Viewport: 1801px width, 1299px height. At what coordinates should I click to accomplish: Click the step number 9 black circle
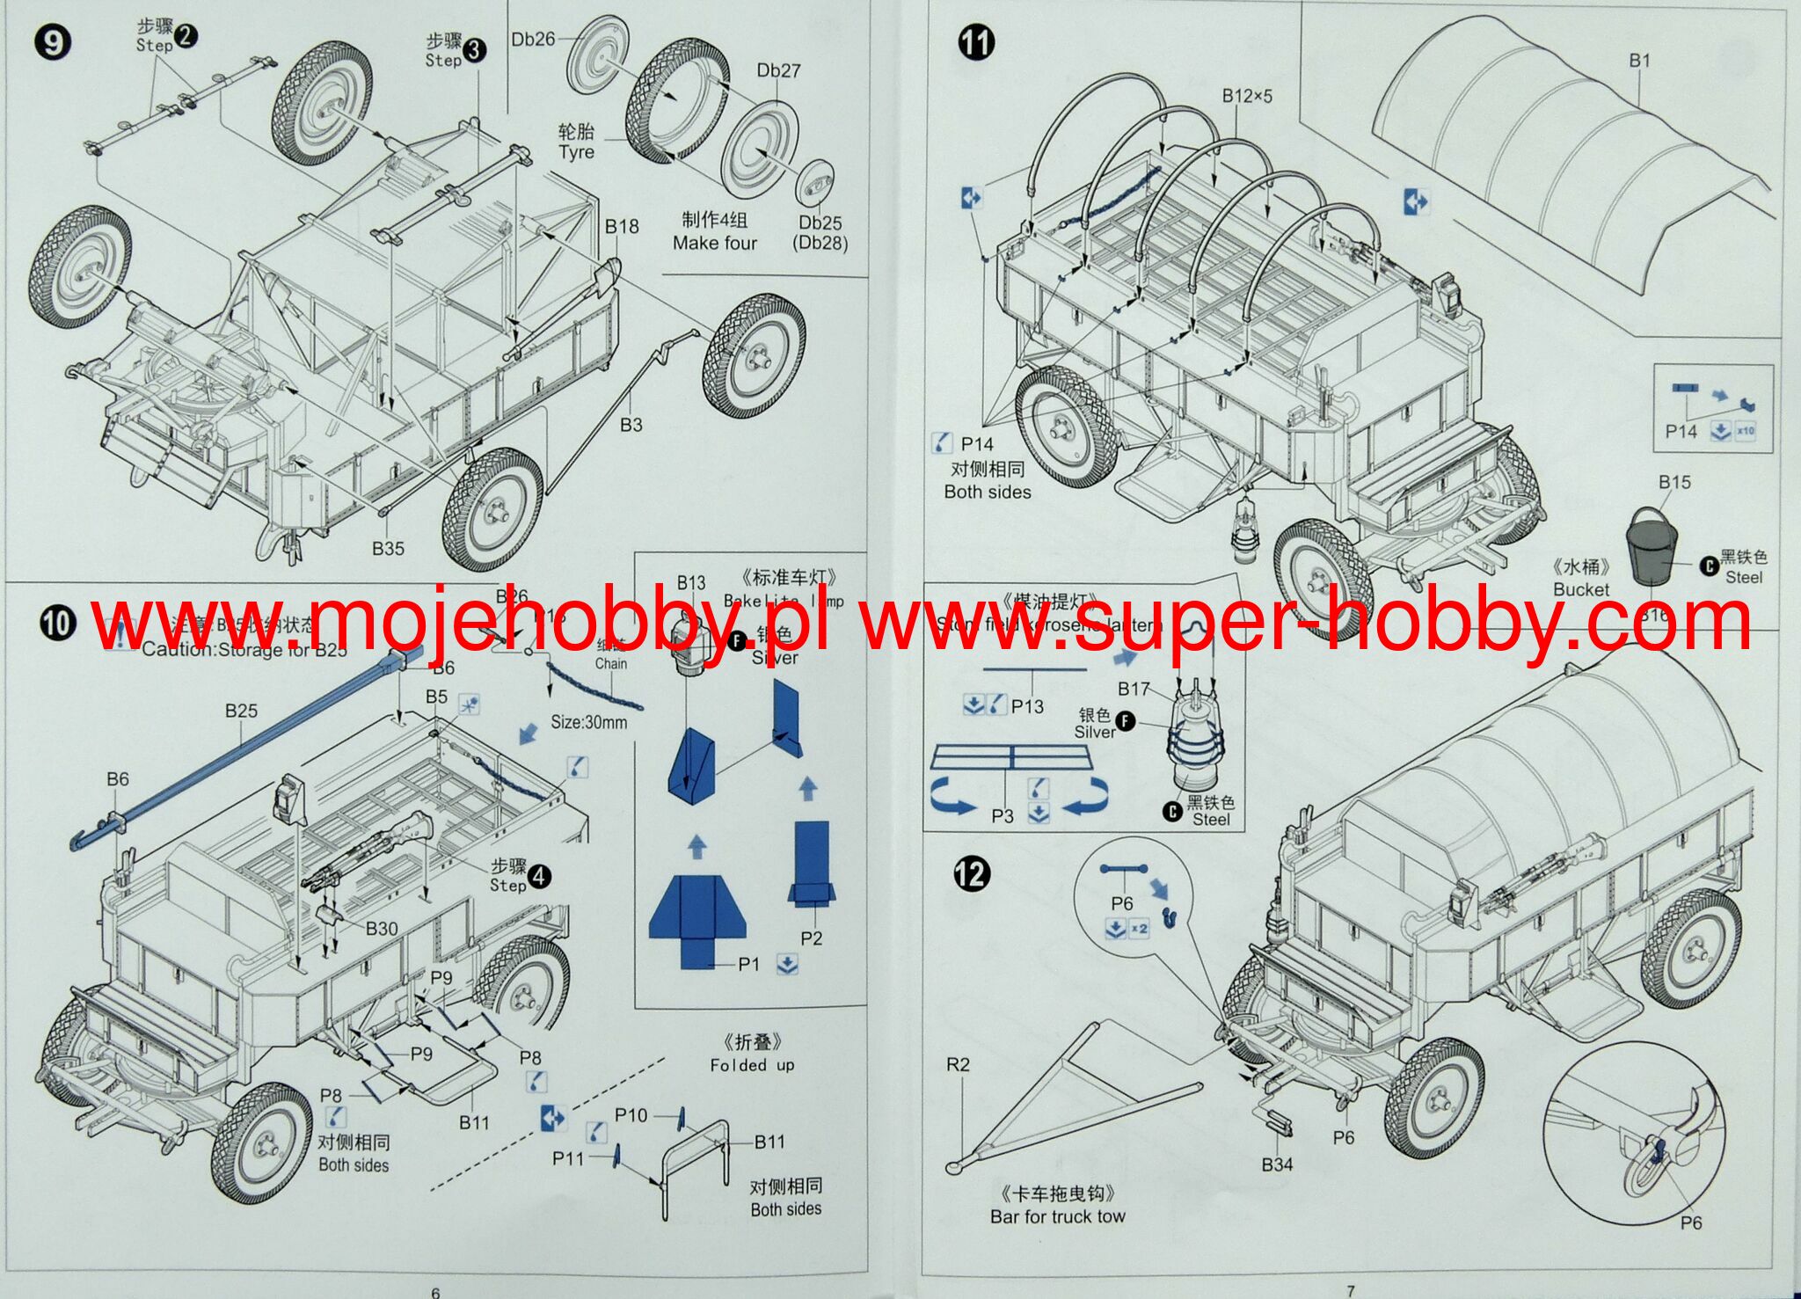coord(53,41)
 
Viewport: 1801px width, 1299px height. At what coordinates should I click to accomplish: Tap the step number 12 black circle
coord(972,873)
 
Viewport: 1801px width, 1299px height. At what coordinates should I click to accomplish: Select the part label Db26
coord(533,40)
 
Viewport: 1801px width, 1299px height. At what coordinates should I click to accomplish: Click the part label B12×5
coord(1246,96)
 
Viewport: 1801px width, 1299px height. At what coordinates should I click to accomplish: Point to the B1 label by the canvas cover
coord(1639,61)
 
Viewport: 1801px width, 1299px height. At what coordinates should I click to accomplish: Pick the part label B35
coord(388,548)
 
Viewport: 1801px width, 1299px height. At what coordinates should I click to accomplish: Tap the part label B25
coord(241,711)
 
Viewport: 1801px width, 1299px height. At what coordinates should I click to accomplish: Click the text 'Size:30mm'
coord(588,722)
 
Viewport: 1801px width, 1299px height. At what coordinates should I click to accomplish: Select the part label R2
coord(958,1064)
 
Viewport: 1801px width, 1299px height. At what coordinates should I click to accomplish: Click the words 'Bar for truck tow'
coord(1057,1216)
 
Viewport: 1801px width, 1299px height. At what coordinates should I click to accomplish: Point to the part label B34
coord(1277,1164)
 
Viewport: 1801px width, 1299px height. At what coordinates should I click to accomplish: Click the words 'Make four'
coord(714,243)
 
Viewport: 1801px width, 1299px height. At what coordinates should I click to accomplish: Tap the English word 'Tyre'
coord(576,152)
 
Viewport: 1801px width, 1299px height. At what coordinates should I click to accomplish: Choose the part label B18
coord(622,226)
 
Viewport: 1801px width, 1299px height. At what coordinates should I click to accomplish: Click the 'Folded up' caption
coord(752,1065)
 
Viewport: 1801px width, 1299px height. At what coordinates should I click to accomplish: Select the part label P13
coord(1027,705)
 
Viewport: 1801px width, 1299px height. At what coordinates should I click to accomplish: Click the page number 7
coord(1351,1290)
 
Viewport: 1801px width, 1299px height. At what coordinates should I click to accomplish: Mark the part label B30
coord(382,928)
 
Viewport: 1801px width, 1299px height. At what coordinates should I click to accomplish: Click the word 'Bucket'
coord(1580,589)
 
